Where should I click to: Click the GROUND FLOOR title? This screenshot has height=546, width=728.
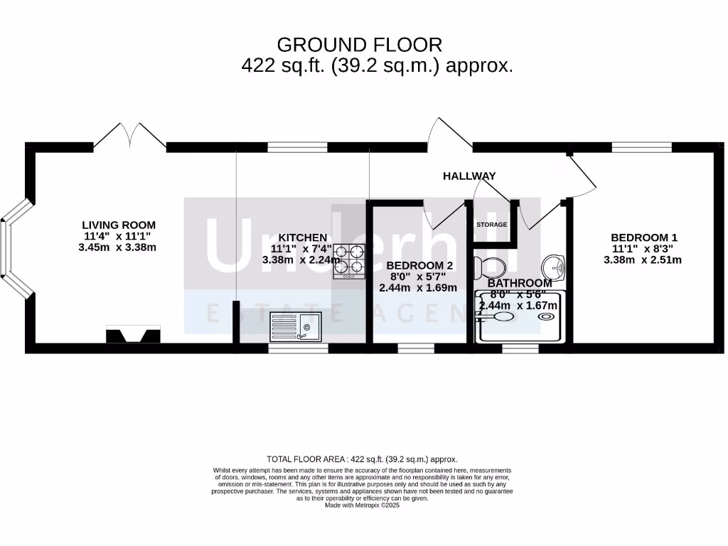359,45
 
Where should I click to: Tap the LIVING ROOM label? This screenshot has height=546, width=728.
118,225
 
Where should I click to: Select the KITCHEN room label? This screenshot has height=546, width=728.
302,237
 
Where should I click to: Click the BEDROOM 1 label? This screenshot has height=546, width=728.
643,237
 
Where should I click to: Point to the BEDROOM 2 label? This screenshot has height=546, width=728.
419,265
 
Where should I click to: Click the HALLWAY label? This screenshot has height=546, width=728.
469,176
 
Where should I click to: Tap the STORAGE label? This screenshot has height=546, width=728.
492,225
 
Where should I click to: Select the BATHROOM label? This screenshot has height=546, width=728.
520,283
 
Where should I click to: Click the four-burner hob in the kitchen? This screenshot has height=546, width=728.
349,260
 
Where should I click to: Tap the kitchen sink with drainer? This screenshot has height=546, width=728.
295,327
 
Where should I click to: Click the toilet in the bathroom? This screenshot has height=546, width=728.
490,268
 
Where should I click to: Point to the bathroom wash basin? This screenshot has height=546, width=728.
553,267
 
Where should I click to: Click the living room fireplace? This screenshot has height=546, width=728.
133,334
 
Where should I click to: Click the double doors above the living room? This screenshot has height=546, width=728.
130,136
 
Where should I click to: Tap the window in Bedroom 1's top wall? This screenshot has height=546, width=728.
641,147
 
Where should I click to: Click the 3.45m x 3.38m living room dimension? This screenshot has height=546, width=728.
117,247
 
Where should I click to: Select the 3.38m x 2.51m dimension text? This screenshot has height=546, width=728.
643,259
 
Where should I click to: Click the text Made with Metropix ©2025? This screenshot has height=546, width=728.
363,505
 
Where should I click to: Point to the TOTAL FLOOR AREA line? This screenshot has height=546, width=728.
363,459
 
